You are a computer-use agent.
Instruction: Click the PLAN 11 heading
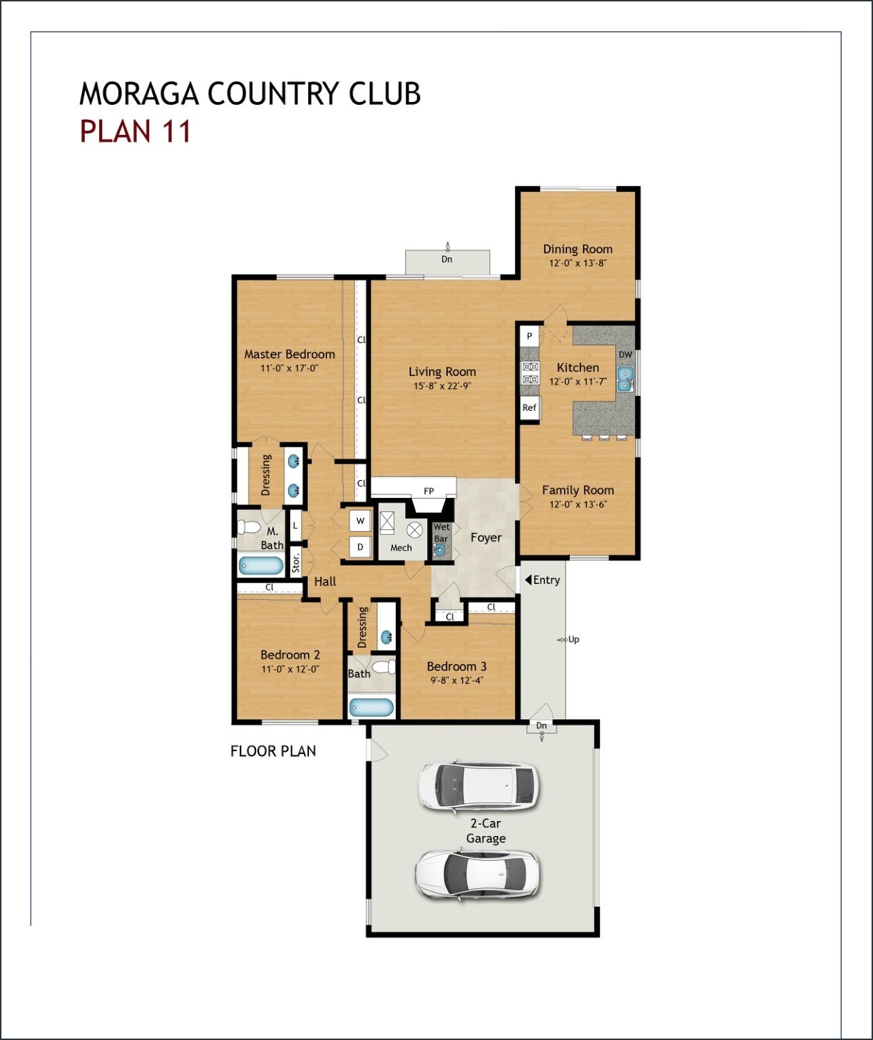[136, 132]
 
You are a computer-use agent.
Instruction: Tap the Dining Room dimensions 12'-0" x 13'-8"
[578, 263]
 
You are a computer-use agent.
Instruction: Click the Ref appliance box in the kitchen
[529, 408]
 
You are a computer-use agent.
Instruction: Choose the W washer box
[360, 521]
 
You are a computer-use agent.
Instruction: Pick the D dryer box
[360, 547]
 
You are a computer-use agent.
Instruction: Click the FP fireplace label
[429, 491]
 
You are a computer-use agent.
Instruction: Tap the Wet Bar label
[441, 533]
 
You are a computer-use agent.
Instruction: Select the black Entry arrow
[528, 580]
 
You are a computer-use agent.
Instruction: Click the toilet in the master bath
[250, 528]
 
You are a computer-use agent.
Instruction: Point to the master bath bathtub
[261, 566]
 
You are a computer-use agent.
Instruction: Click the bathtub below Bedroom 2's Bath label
[371, 708]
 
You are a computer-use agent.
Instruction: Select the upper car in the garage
[478, 786]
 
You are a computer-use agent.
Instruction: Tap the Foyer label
[486, 538]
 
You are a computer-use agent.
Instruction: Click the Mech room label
[401, 548]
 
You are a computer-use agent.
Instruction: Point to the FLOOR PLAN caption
[273, 751]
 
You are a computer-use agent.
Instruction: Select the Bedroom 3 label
[456, 666]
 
